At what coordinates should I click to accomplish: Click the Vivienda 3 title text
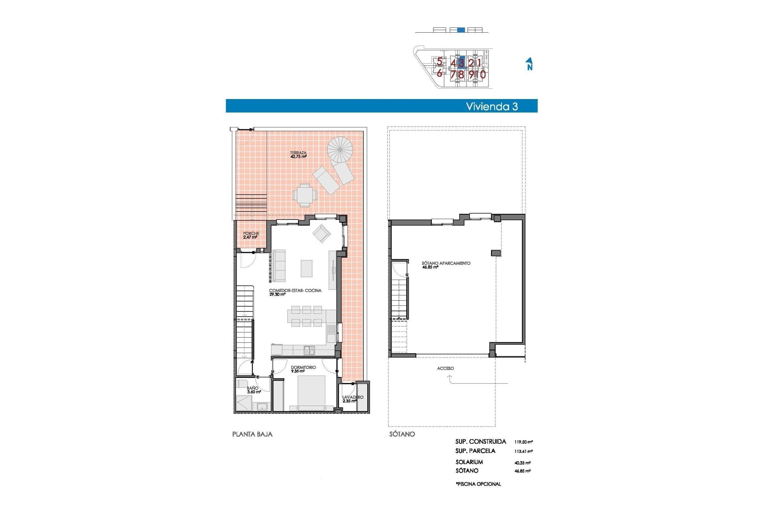pyautogui.click(x=492, y=106)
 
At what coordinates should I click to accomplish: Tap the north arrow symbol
pyautogui.click(x=529, y=64)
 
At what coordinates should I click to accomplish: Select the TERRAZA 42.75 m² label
pyautogui.click(x=298, y=155)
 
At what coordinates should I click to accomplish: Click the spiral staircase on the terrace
pyautogui.click(x=340, y=150)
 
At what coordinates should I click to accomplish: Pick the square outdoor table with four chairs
pyautogui.click(x=305, y=195)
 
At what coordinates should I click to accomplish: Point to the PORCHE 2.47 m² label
pyautogui.click(x=251, y=235)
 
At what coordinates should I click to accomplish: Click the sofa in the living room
pyautogui.click(x=279, y=266)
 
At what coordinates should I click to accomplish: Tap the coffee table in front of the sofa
pyautogui.click(x=306, y=268)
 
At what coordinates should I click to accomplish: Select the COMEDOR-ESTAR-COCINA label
pyautogui.click(x=295, y=292)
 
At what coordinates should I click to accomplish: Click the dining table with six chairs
pyautogui.click(x=306, y=317)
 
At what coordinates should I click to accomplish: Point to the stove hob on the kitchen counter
pyautogui.click(x=309, y=350)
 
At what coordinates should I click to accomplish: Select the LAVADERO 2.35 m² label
pyautogui.click(x=353, y=399)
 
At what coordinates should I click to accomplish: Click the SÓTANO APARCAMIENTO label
pyautogui.click(x=446, y=265)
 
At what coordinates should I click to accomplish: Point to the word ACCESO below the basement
pyautogui.click(x=445, y=368)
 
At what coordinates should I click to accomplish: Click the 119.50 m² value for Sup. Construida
pyautogui.click(x=523, y=442)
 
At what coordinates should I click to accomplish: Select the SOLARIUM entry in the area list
pyautogui.click(x=469, y=462)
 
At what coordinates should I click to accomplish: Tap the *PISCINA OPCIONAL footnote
pyautogui.click(x=478, y=484)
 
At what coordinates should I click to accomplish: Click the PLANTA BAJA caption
pyautogui.click(x=252, y=434)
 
